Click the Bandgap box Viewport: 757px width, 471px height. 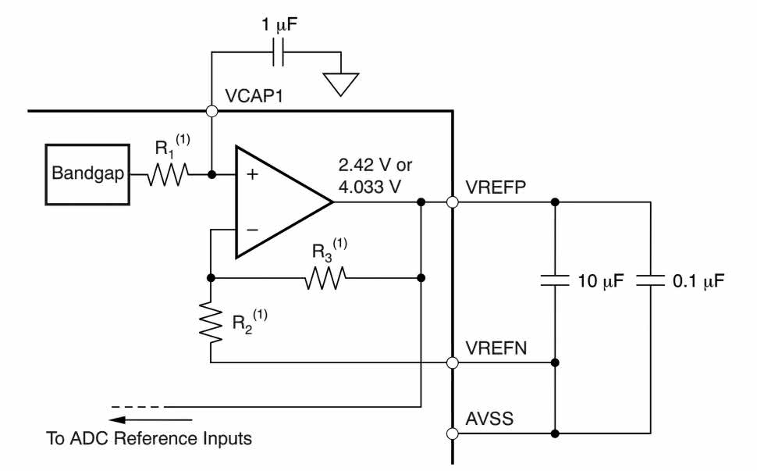(x=87, y=174)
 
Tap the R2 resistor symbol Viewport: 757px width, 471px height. (x=211, y=321)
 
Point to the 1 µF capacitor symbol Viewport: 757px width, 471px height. (x=279, y=55)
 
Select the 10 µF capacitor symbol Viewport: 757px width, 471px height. (x=555, y=280)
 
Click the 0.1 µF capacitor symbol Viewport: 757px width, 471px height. (x=649, y=280)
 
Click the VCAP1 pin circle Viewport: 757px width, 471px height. (x=211, y=111)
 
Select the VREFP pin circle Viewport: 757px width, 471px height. (x=453, y=202)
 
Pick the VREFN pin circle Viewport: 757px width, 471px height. (x=453, y=362)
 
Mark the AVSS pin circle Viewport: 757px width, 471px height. (x=453, y=433)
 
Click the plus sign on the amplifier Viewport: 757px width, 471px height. (x=252, y=175)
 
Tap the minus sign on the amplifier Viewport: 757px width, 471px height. (x=252, y=230)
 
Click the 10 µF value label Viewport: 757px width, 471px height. (x=602, y=281)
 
